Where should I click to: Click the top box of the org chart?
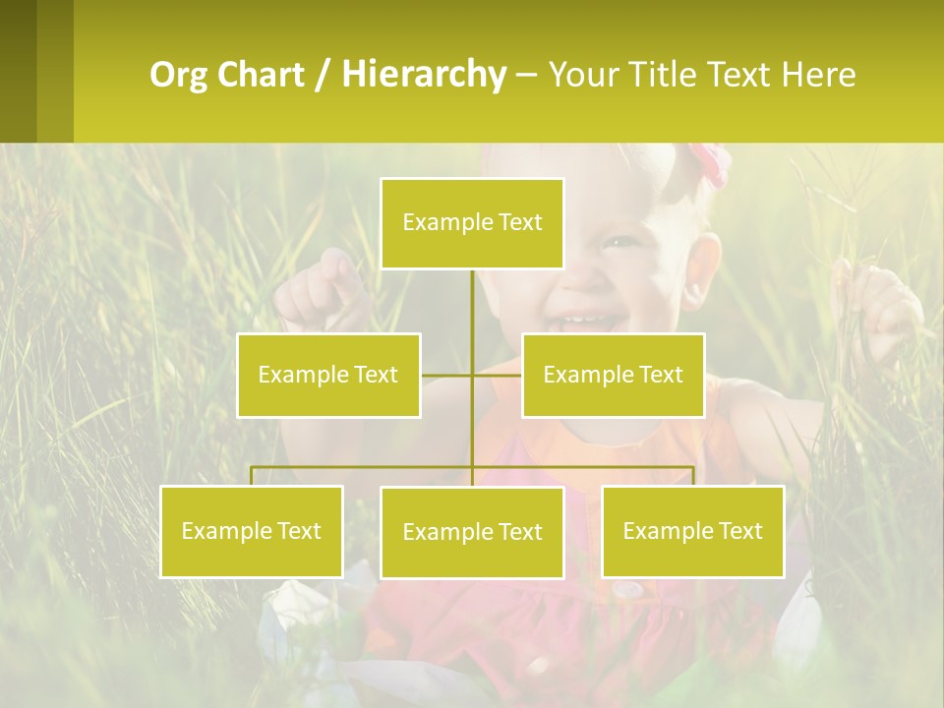(x=472, y=223)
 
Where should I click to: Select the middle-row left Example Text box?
(x=328, y=375)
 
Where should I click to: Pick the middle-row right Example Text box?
(x=613, y=375)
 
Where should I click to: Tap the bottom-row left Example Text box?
(x=251, y=531)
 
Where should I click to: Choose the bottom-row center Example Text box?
(x=472, y=532)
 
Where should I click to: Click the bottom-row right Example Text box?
(x=692, y=531)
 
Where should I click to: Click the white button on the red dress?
(x=628, y=589)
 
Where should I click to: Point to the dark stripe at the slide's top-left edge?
(x=18, y=71)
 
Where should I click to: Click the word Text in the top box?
(x=520, y=223)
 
